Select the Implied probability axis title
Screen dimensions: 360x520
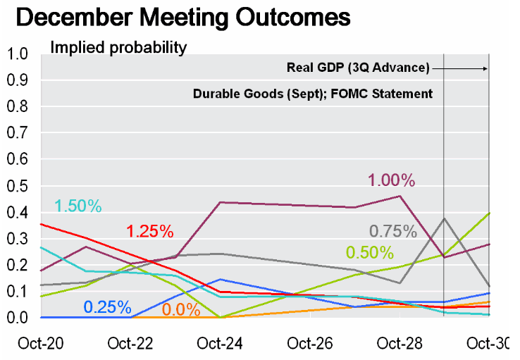point(118,49)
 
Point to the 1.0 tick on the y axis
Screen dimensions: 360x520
point(17,54)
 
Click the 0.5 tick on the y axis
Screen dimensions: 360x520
point(17,186)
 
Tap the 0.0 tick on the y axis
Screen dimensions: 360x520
point(17,318)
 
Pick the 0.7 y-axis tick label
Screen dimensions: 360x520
point(17,133)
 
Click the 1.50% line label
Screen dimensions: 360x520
point(78,206)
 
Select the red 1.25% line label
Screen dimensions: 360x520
point(149,230)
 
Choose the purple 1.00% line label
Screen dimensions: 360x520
point(391,180)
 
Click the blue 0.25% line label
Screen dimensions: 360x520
point(107,307)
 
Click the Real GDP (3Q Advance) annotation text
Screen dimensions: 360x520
point(358,68)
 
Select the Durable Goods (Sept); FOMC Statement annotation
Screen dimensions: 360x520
point(313,94)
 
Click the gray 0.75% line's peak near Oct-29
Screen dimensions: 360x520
point(444,218)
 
